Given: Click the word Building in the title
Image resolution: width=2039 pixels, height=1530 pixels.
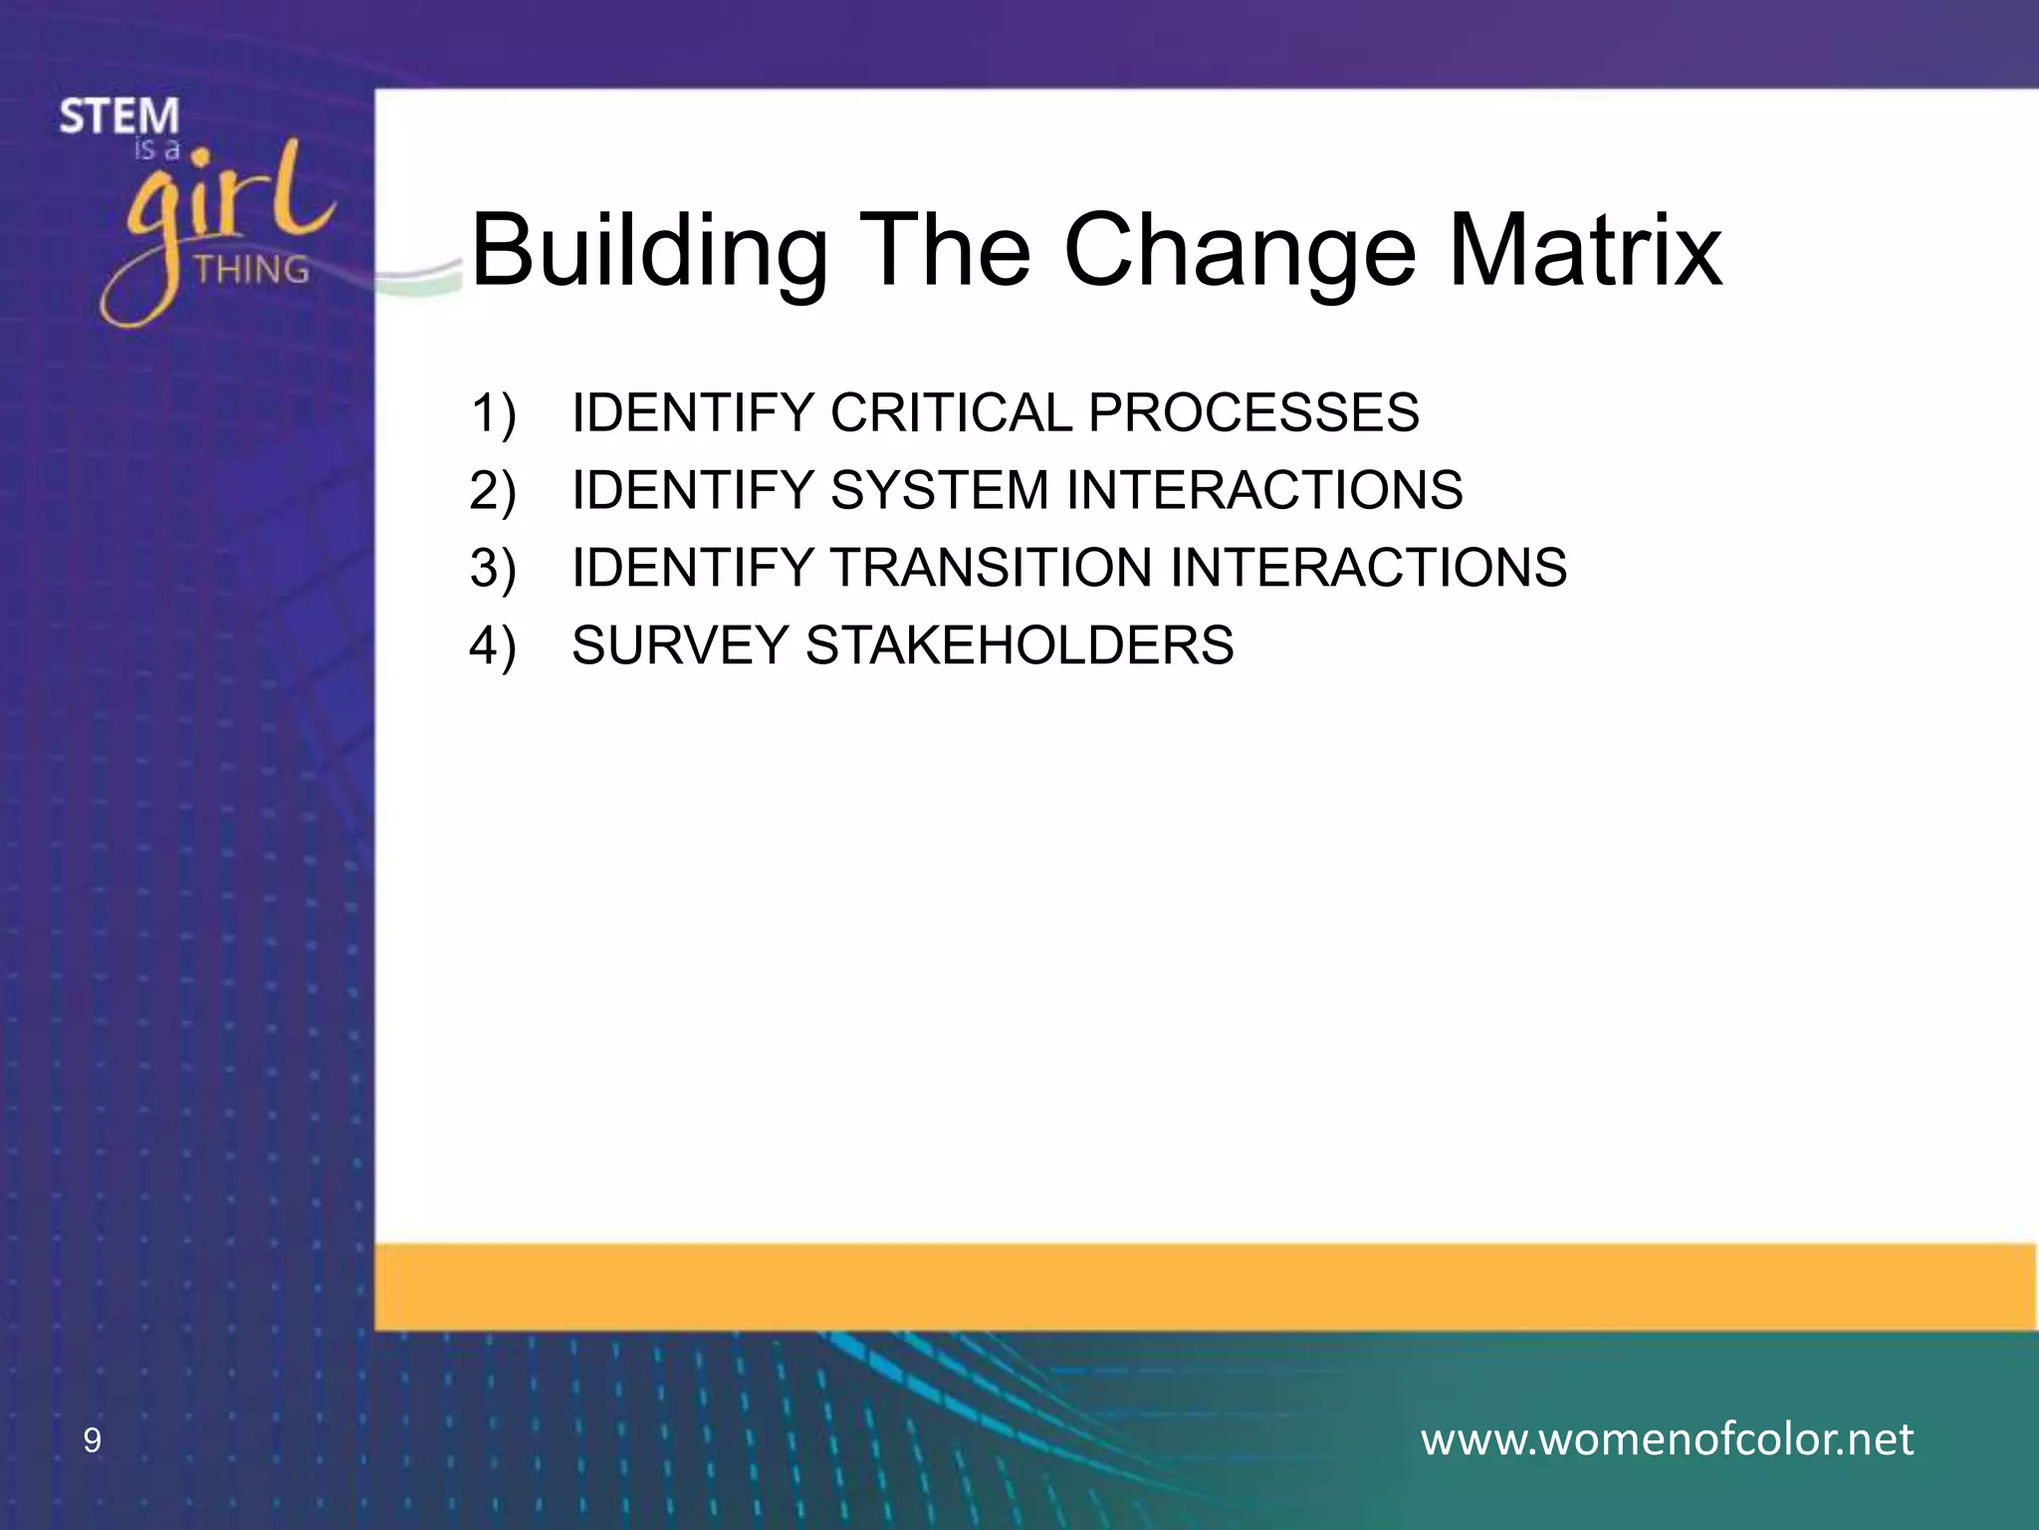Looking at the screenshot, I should pos(648,251).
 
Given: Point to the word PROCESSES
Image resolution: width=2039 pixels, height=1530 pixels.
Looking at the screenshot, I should pos(1253,412).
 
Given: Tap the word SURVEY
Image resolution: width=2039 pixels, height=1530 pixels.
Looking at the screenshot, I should pos(680,645).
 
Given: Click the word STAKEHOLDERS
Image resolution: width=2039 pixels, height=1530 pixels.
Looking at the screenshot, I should pos(1019,645).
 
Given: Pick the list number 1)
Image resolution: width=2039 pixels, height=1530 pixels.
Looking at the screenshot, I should pos(493,413).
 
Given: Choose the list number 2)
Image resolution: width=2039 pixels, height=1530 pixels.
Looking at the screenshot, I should pos(493,491).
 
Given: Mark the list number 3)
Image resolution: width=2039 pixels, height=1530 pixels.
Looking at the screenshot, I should pos(493,569).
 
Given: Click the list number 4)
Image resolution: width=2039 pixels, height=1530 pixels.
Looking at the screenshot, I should pos(493,646).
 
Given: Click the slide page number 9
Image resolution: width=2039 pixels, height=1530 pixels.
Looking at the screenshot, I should pos(92,1440).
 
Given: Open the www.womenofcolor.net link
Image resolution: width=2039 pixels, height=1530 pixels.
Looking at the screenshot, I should pos(1667,1439).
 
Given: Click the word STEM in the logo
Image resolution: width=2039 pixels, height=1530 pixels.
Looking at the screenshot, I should pos(118,117).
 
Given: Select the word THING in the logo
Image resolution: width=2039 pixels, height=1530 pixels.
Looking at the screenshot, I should pos(252,269).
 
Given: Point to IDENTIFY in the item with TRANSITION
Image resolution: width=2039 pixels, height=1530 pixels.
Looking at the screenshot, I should pos(693,568).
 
